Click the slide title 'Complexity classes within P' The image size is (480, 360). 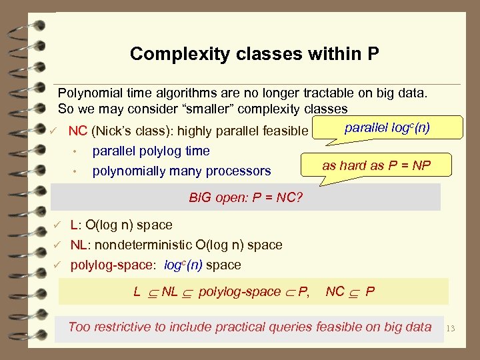[x=255, y=54]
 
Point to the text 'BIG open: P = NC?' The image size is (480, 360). [x=246, y=197]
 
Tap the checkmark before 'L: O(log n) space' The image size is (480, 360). [x=59, y=225]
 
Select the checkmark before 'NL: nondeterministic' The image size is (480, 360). [x=59, y=245]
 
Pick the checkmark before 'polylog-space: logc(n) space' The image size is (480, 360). [x=59, y=265]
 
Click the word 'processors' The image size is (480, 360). [x=241, y=171]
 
